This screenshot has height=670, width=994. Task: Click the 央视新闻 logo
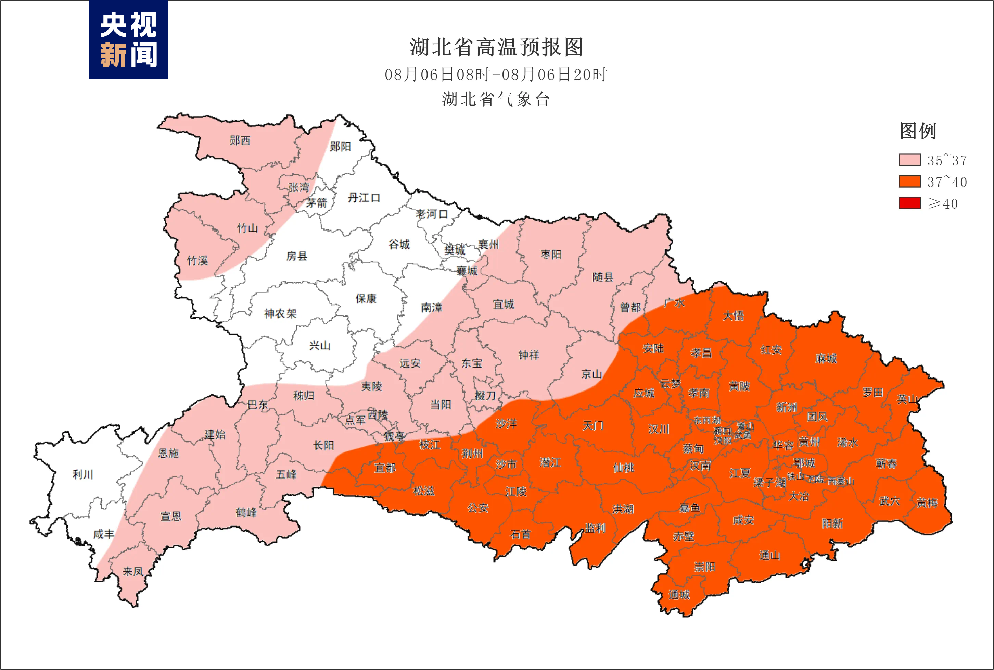(x=128, y=40)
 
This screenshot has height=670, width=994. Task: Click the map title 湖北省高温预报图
(x=496, y=47)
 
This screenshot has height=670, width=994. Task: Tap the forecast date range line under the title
(x=496, y=75)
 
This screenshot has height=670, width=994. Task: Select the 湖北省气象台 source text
(x=496, y=100)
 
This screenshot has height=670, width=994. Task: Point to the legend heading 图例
(x=918, y=131)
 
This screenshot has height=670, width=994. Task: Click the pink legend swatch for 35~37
(x=909, y=160)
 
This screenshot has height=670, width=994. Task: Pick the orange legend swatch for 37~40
(x=909, y=182)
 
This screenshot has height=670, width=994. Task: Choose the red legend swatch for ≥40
(x=909, y=203)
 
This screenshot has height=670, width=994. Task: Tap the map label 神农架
(x=280, y=314)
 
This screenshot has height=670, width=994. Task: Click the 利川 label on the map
(x=83, y=474)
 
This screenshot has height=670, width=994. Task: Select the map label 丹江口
(x=364, y=198)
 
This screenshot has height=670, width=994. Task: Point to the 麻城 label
(x=826, y=359)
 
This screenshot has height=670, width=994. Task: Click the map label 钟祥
(x=528, y=355)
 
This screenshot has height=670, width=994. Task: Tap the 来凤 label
(x=133, y=571)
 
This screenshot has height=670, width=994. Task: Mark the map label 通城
(x=679, y=594)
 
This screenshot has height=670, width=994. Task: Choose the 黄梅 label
(x=927, y=503)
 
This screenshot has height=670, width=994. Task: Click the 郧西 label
(x=240, y=140)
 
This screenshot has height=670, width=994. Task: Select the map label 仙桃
(x=624, y=468)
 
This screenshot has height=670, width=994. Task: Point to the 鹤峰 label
(x=246, y=512)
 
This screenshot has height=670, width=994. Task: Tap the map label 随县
(x=602, y=277)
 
